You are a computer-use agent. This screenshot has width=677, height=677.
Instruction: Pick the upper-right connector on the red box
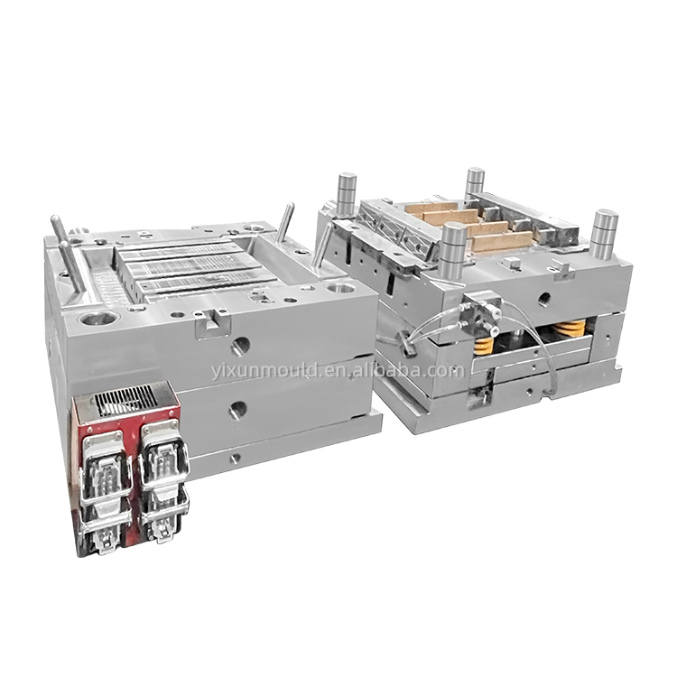pyautogui.click(x=163, y=453)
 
